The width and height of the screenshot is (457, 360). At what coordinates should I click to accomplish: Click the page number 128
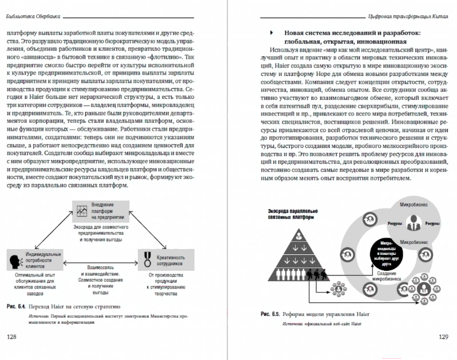click(11, 337)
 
